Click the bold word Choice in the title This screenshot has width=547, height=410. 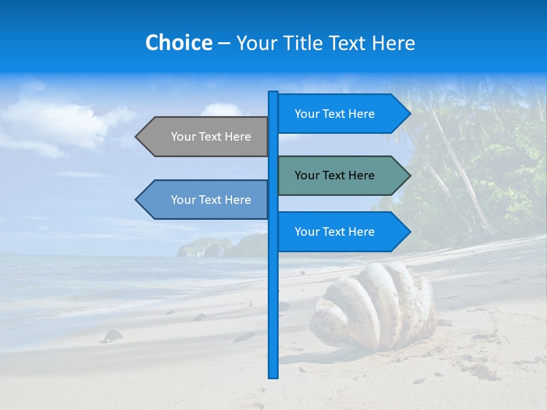178,43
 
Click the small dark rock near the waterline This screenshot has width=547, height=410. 112,336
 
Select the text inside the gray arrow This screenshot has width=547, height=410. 211,137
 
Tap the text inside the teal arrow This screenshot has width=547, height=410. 334,175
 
